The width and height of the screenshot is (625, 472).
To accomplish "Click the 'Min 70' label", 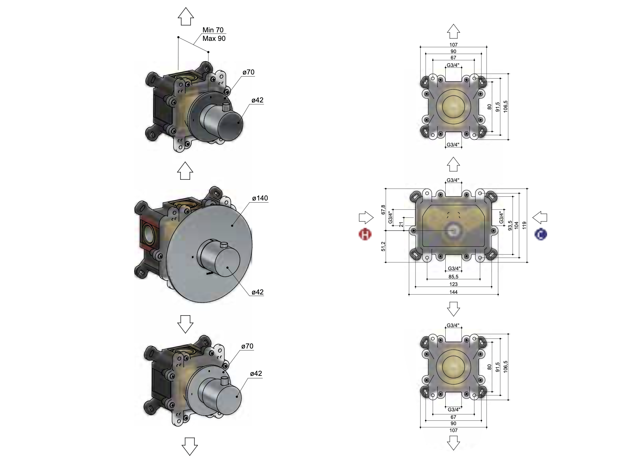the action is coord(213,30).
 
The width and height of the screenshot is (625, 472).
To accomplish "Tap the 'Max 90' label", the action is coord(214,38).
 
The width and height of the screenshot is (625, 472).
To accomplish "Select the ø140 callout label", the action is coord(260,198).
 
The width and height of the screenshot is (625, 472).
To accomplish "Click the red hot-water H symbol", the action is coord(365,234).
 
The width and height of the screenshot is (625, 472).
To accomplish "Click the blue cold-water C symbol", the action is coord(541,234).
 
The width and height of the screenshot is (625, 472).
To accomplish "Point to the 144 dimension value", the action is coord(454,292).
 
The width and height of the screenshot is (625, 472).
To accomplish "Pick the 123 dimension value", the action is coord(454,284).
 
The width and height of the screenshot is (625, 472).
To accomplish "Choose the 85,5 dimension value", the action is coord(454,277).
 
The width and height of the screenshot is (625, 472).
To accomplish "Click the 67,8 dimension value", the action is coord(383,210).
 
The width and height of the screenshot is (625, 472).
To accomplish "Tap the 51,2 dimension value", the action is coord(383,246).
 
